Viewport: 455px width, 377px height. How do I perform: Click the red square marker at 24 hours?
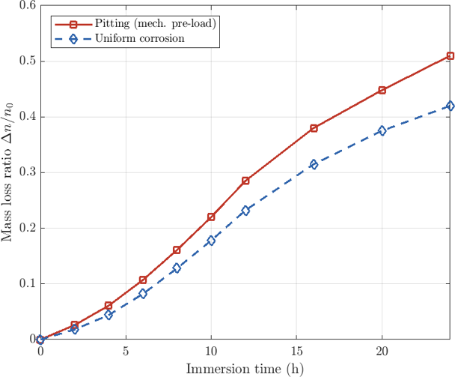[451, 55]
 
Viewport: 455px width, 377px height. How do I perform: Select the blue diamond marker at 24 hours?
[451, 106]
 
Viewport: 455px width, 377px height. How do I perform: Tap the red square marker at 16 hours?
[314, 128]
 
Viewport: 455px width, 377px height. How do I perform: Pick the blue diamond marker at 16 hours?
[314, 165]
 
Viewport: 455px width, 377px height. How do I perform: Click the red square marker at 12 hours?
[245, 181]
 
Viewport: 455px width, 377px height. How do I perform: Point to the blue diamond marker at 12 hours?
[245, 211]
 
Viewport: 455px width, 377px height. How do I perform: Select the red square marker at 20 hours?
[382, 90]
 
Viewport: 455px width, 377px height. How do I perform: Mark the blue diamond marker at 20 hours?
[382, 130]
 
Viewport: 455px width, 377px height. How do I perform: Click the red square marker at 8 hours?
[177, 250]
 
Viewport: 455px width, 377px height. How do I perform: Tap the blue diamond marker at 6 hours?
[143, 294]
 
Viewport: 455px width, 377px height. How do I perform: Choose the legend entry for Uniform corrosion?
[120, 38]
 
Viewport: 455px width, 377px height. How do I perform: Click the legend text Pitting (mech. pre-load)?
[156, 23]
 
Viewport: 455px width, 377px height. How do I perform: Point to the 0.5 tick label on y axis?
[28, 61]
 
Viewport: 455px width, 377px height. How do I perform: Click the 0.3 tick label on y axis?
[28, 172]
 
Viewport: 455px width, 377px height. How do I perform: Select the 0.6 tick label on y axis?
[28, 5]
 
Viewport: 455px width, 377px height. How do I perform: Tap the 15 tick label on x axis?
[296, 352]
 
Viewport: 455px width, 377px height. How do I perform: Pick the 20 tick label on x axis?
[382, 352]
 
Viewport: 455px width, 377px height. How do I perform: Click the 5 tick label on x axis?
[126, 352]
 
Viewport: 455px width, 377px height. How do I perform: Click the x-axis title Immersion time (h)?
[245, 370]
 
